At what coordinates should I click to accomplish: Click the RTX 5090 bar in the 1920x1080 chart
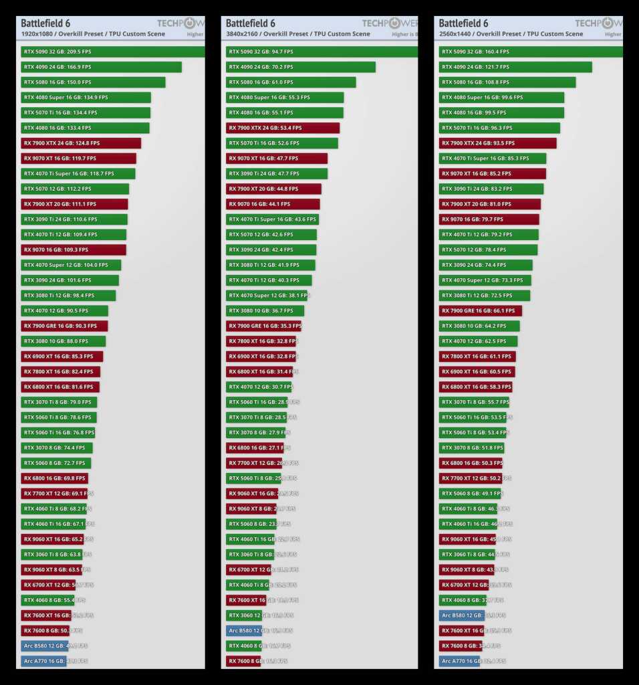pos(112,52)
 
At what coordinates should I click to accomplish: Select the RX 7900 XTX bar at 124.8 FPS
pos(81,143)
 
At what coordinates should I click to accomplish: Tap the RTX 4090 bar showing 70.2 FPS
pos(300,67)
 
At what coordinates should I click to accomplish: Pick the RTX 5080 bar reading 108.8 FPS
pos(507,82)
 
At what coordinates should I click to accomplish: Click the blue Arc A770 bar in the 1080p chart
pos(43,661)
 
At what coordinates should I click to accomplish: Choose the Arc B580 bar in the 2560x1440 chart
pos(461,615)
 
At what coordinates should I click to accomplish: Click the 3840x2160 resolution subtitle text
pos(297,34)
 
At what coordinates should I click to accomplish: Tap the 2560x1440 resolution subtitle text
pos(511,34)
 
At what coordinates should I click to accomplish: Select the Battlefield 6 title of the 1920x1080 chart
pos(46,23)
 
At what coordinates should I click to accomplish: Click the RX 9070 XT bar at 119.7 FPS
pos(78,159)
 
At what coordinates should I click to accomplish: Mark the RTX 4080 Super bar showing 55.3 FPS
pos(285,97)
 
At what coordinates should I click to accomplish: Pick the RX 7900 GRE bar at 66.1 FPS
pos(481,310)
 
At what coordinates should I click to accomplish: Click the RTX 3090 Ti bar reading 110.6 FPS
pos(74,219)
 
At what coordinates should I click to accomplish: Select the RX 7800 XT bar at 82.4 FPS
pos(60,371)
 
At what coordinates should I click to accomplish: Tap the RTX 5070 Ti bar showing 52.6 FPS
pos(282,143)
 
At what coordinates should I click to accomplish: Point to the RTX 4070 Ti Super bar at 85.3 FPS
pos(493,159)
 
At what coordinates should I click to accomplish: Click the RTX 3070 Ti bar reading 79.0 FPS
pos(59,402)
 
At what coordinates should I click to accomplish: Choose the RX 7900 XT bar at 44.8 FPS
pos(273,189)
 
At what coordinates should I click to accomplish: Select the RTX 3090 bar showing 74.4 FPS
pos(486,265)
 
